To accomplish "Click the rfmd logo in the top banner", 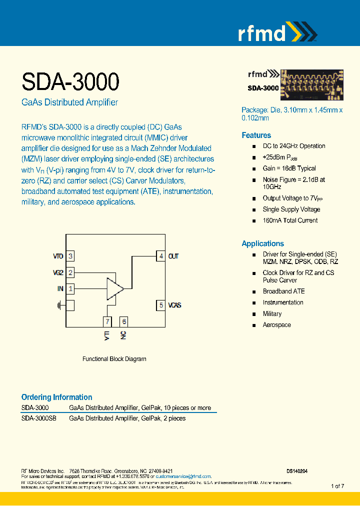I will pyautogui.click(x=276, y=32).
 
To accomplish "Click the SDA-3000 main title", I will pyautogui.click(x=70, y=81).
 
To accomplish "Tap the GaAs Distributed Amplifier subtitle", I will pyautogui.click(x=69, y=102).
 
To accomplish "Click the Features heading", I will pyautogui.click(x=256, y=135).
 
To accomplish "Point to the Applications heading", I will pyautogui.click(x=262, y=243).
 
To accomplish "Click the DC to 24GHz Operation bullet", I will pyautogui.click(x=293, y=146).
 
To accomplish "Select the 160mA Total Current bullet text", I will pyautogui.click(x=290, y=220).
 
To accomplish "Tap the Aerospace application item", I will pyautogui.click(x=276, y=325).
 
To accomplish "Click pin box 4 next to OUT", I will pyautogui.click(x=160, y=256).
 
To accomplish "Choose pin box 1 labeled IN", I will pyautogui.click(x=70, y=288).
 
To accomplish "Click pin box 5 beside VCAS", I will pyautogui.click(x=160, y=304).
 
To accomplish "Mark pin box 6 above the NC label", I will pyautogui.click(x=123, y=321).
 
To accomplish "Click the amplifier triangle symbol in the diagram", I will pyautogui.click(x=114, y=288).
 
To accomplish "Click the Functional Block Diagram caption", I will pyautogui.click(x=114, y=359).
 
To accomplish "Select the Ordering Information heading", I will pyautogui.click(x=56, y=397).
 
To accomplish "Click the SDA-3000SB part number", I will pyautogui.click(x=38, y=418).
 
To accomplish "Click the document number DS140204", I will pyautogui.click(x=297, y=471).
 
